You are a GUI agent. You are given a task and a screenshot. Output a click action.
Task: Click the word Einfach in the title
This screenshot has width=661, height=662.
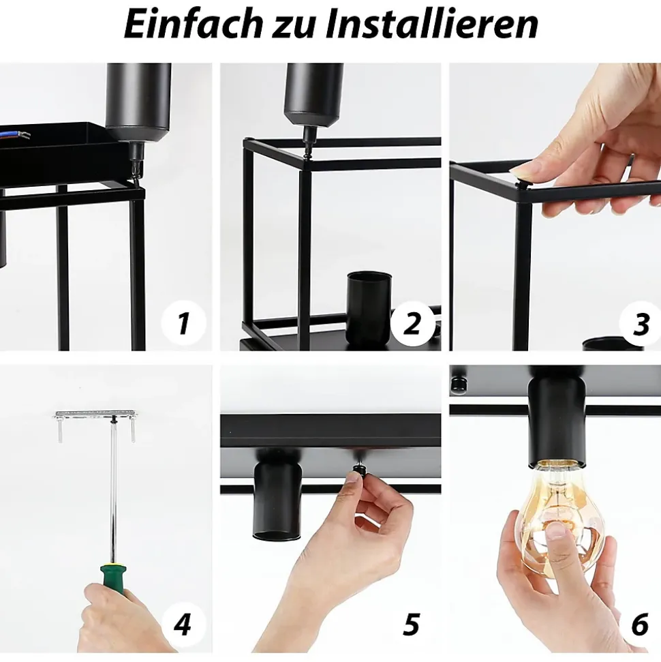coord(193,24)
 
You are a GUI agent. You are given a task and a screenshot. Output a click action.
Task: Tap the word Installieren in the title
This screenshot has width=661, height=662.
coord(432,24)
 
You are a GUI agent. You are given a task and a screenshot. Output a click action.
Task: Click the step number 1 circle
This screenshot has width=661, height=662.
coord(183,323)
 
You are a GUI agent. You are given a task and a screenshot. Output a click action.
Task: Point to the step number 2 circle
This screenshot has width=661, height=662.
coord(412,324)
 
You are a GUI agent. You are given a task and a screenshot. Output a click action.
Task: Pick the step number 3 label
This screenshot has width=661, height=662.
coord(641,325)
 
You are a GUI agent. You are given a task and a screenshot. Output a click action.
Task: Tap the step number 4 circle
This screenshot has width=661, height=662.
coord(183,624)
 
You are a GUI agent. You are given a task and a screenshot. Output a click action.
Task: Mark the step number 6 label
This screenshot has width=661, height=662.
coord(640,624)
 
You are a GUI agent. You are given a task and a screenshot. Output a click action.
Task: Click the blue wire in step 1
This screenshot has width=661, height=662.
coord(10,134)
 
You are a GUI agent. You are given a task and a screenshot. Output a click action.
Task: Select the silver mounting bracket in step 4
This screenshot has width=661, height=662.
coord(95,414)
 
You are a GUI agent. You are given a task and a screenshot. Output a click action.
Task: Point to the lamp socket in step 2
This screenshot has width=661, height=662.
coord(369,306)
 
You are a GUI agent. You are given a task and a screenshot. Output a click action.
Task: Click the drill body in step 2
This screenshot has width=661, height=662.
coord(314,95)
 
